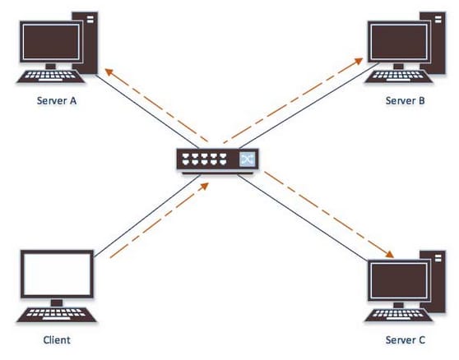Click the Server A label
[x=57, y=100]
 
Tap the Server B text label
[x=406, y=100]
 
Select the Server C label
[x=406, y=339]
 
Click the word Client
[x=57, y=339]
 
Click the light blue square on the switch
[x=248, y=159]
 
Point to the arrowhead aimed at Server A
[x=109, y=72]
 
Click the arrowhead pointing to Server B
[x=359, y=61]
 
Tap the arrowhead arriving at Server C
[x=389, y=254]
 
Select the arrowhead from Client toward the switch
[x=204, y=187]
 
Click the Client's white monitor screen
[x=57, y=274]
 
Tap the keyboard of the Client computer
[x=56, y=314]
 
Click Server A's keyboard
[x=50, y=76]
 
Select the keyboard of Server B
[x=399, y=76]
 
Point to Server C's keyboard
[x=399, y=315]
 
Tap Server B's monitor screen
[x=399, y=42]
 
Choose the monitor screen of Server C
[x=399, y=280]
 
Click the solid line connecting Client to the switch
[x=147, y=216]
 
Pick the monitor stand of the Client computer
[x=57, y=302]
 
